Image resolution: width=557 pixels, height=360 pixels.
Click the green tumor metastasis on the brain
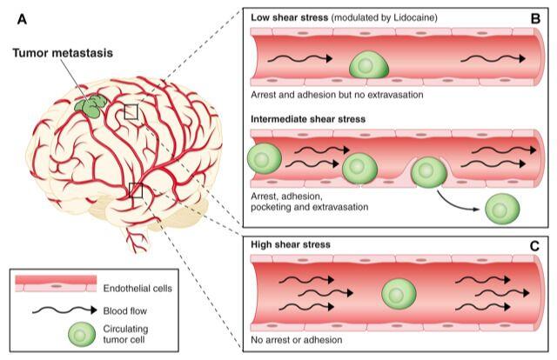click(88, 105)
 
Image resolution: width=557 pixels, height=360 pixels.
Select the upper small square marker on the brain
click(131, 111)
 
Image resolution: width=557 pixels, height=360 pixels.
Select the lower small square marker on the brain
click(135, 190)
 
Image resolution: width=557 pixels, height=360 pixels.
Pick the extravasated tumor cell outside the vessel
click(502, 209)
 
